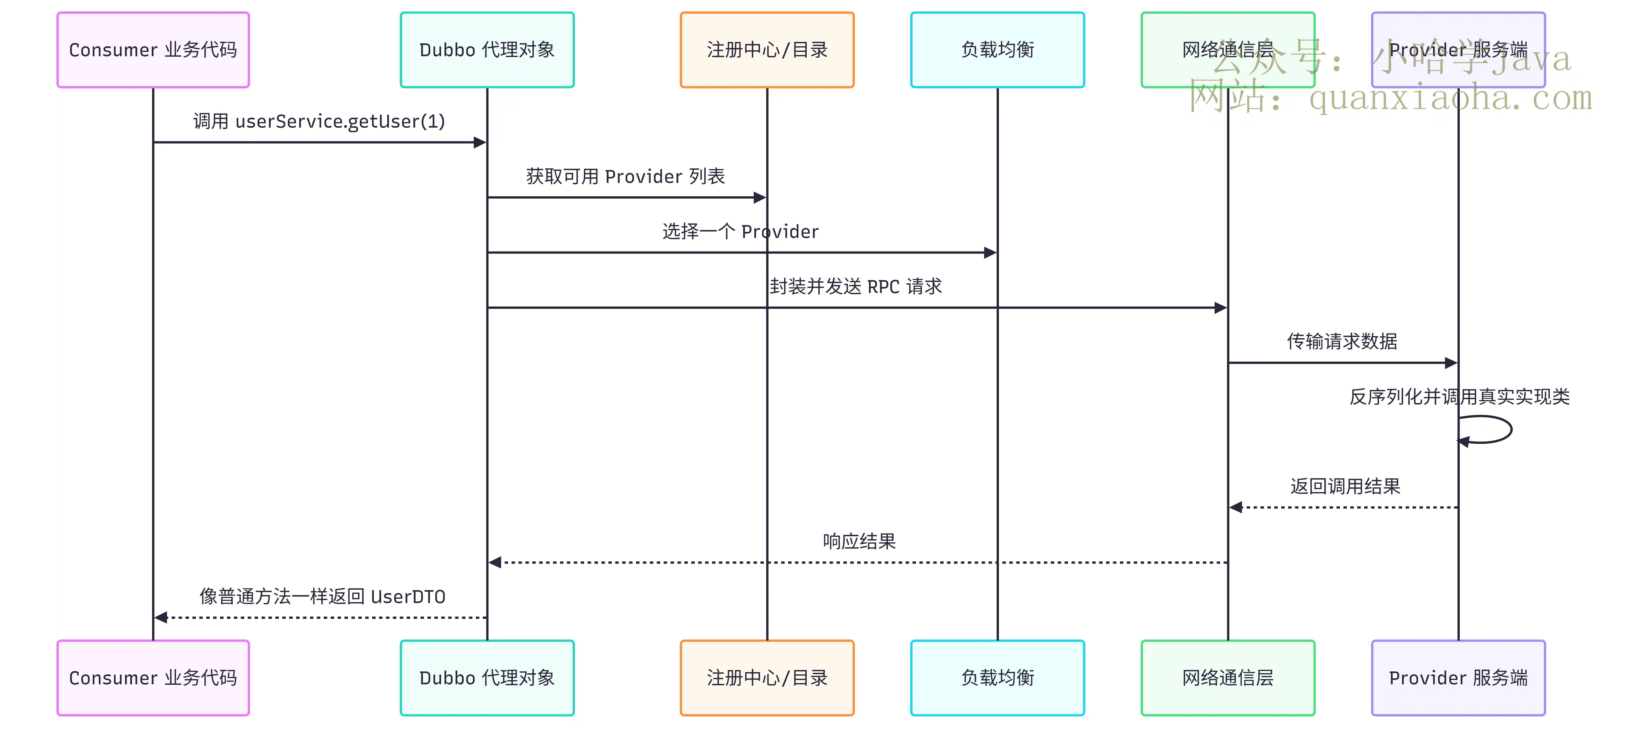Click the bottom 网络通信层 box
click(x=1228, y=678)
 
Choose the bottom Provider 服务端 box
click(x=1458, y=678)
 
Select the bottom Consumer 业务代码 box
click(x=153, y=678)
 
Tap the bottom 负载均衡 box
click(x=997, y=678)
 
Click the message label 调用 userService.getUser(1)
click(x=319, y=121)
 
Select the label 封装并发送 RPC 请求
click(x=856, y=286)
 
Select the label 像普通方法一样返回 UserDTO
click(x=322, y=596)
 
